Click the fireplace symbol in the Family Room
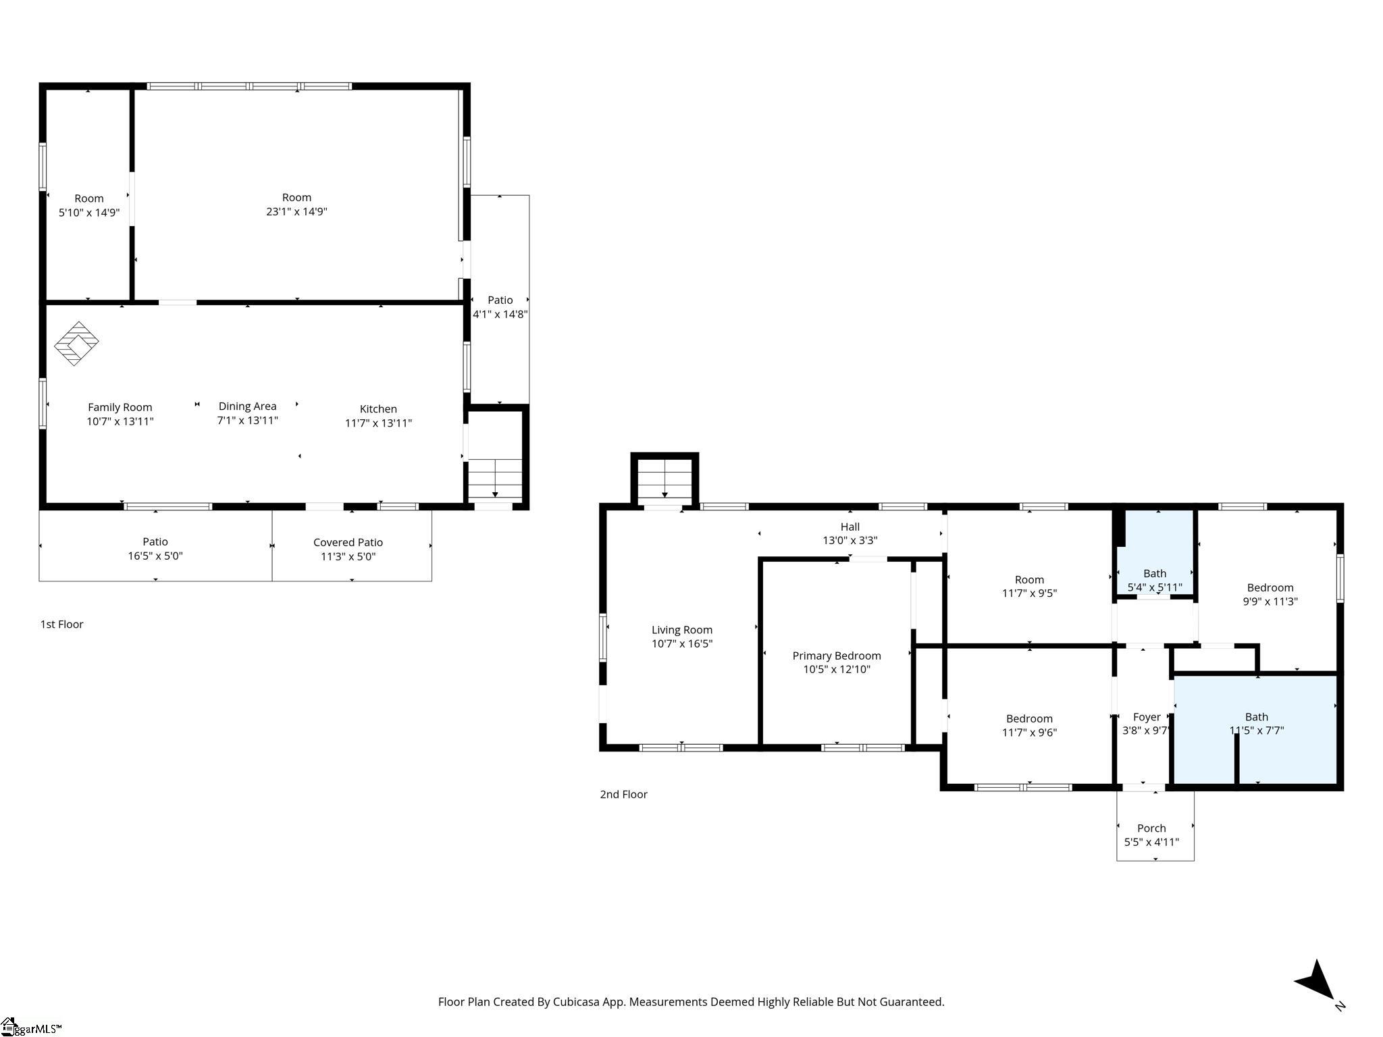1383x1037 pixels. [76, 344]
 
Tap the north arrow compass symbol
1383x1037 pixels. [1317, 983]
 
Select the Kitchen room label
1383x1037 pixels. [378, 409]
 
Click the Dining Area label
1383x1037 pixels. [247, 406]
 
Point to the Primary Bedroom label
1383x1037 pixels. [837, 656]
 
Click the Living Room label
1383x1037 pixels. [682, 631]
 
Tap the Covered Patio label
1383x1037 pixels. [348, 543]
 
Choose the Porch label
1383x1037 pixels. [1151, 828]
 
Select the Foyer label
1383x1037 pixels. [1147, 717]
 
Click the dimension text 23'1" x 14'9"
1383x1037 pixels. [296, 211]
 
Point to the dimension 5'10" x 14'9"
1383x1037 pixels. [89, 213]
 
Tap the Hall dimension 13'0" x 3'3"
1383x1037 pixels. [850, 540]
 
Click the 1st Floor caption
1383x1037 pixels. [61, 624]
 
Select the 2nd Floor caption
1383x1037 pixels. [623, 795]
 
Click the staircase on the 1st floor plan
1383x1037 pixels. [495, 479]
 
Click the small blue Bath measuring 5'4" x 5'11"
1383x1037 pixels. [1155, 554]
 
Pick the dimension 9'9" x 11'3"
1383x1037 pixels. [1270, 602]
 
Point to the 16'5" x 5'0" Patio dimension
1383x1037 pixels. [155, 556]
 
